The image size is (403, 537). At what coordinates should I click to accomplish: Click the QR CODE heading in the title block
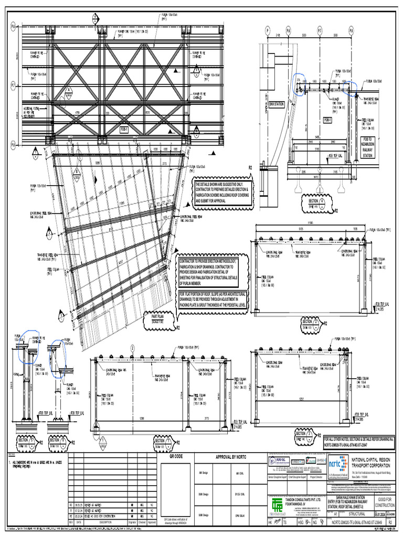175,456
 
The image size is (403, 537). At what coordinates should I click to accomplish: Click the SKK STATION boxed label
277,104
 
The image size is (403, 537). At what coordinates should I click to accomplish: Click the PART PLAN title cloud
158,318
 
